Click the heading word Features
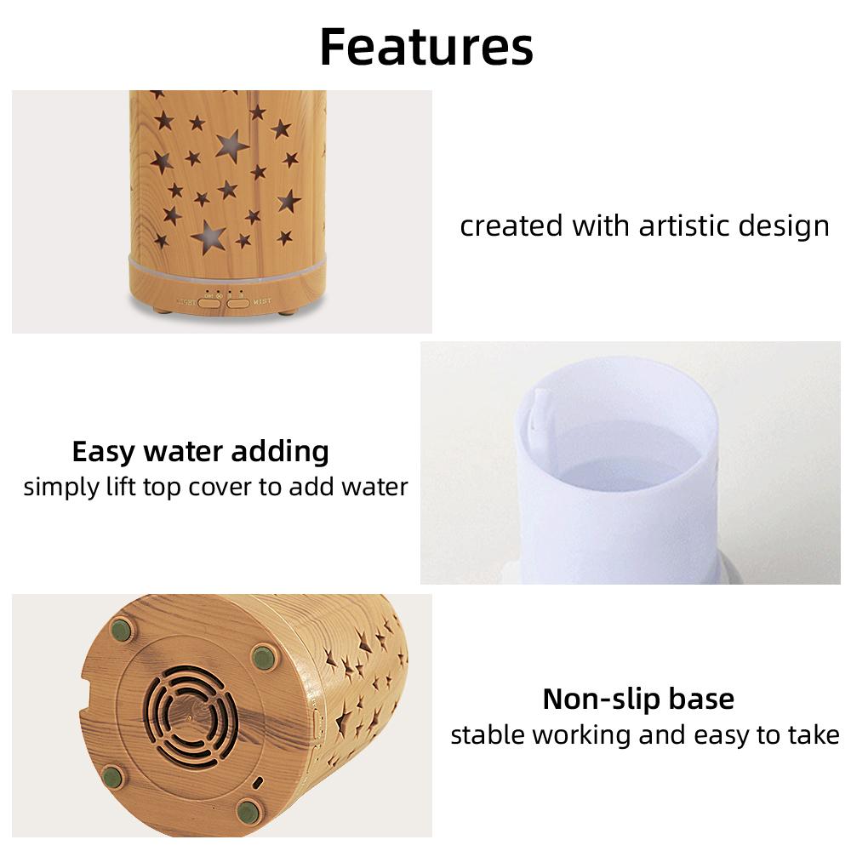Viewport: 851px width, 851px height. click(x=425, y=47)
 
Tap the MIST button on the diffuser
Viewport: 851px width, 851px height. click(x=238, y=302)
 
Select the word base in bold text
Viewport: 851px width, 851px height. click(x=701, y=700)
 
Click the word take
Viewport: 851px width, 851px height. click(x=814, y=734)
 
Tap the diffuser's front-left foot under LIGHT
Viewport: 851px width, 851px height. click(x=160, y=311)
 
